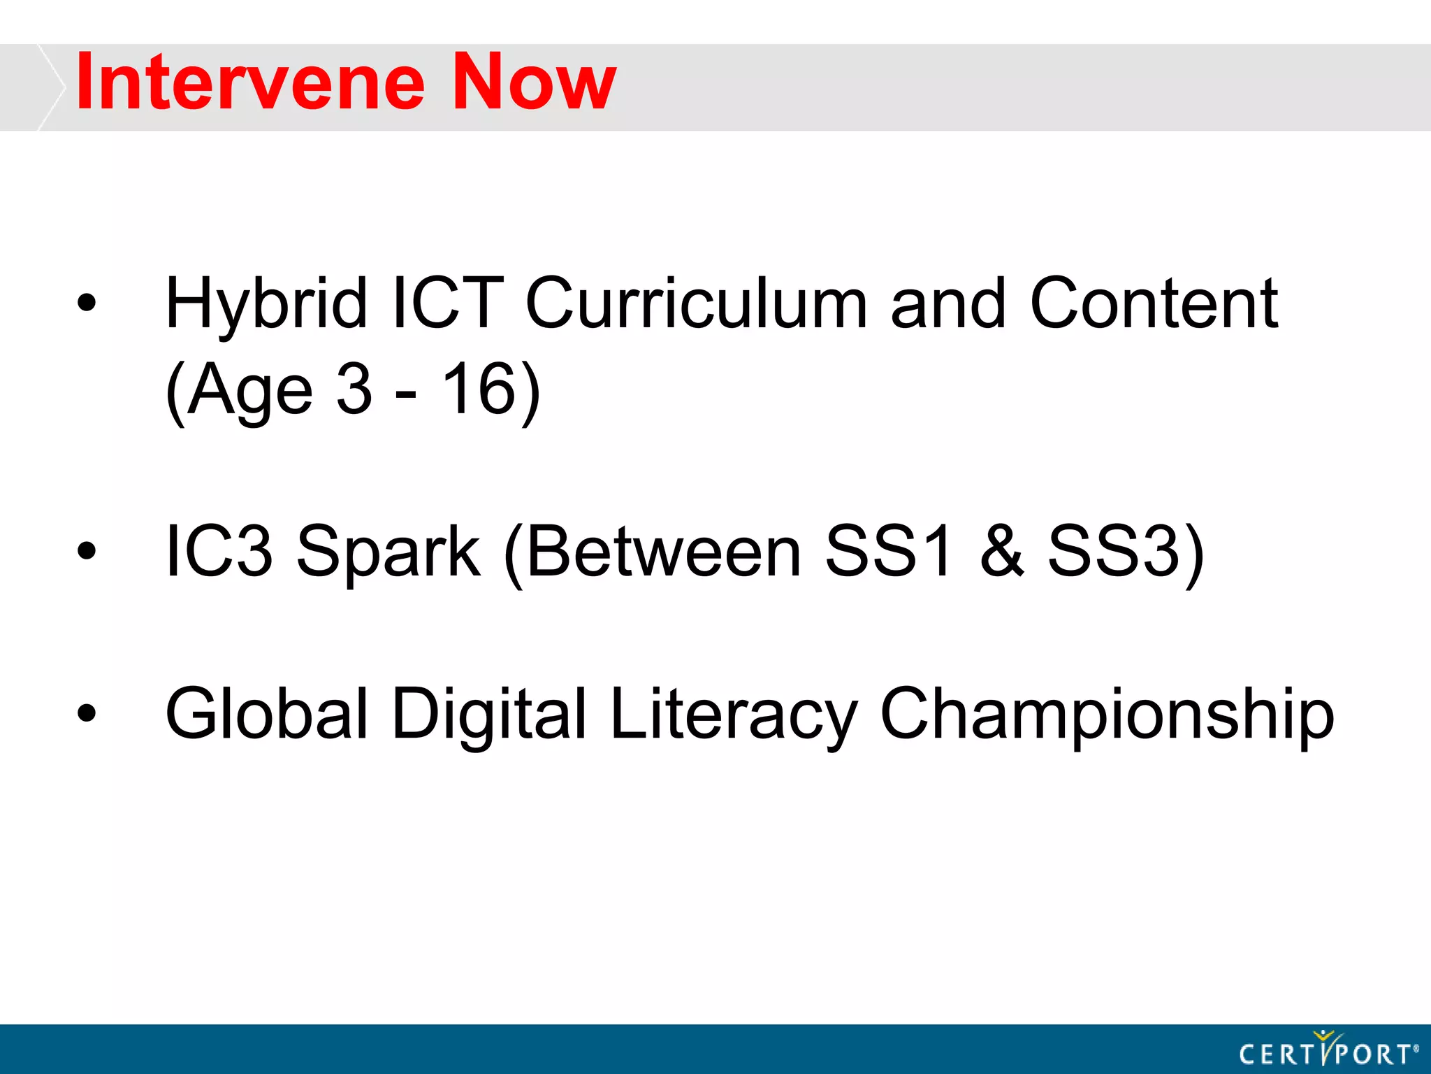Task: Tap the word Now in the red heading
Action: (x=534, y=83)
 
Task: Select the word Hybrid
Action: (x=266, y=305)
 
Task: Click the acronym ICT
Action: (x=448, y=303)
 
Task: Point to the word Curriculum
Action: (x=696, y=303)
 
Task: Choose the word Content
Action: (x=1154, y=303)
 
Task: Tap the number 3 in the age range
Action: (x=354, y=389)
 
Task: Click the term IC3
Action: (x=218, y=552)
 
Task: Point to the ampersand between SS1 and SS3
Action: (x=1001, y=552)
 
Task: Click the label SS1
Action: (x=887, y=552)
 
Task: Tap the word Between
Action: (x=663, y=552)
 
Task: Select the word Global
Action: (x=266, y=714)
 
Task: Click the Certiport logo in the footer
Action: (x=1328, y=1051)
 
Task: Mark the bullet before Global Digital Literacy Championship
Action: (x=87, y=714)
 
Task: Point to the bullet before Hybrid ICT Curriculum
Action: (x=87, y=303)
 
